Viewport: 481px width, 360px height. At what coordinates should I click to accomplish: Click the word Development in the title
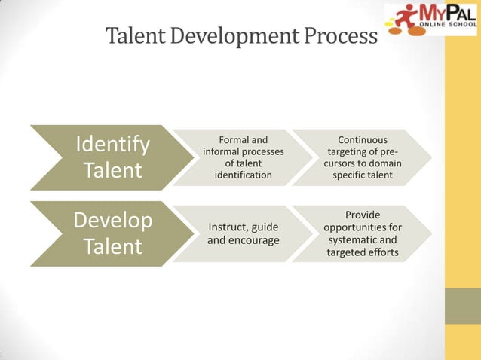(231, 35)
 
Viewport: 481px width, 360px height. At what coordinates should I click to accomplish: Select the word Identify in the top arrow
(112, 143)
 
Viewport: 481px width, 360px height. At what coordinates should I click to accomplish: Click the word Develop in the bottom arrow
(112, 221)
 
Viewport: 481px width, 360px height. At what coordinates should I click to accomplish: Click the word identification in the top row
(243, 175)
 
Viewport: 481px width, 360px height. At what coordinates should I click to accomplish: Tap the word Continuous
(362, 139)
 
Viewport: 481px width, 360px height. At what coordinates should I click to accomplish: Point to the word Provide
(363, 215)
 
